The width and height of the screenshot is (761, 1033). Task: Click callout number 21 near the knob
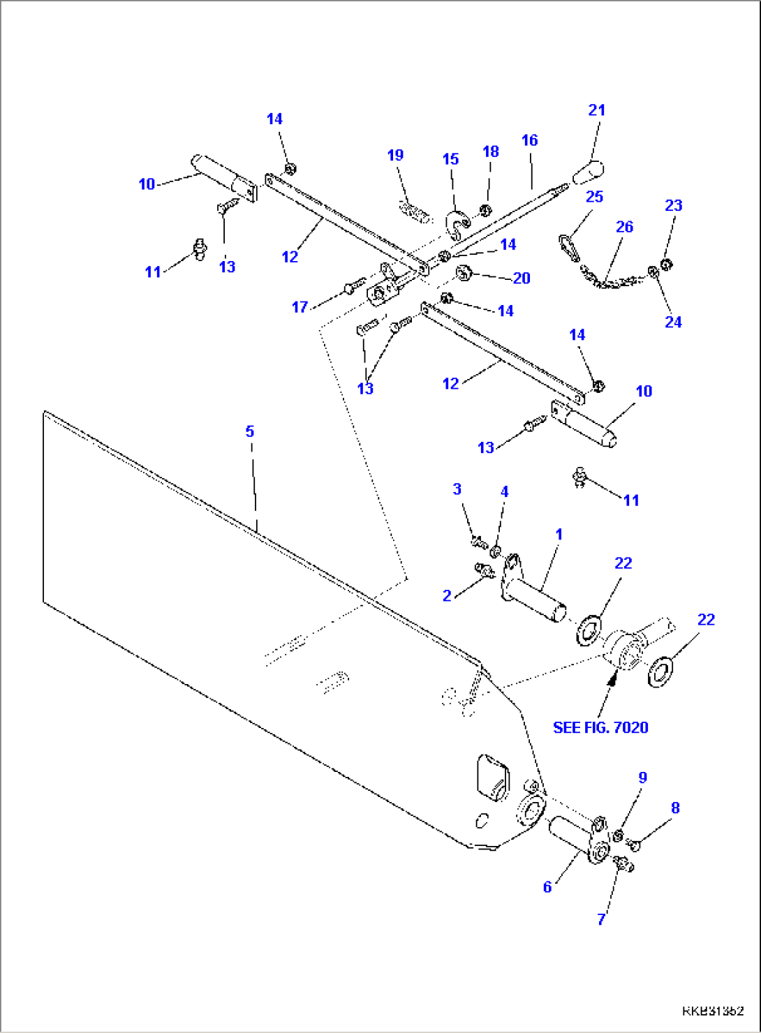(596, 110)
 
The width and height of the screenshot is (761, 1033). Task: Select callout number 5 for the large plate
(250, 431)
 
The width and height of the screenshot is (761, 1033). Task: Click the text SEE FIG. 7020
(600, 727)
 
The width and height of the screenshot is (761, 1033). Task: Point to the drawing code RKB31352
(712, 1011)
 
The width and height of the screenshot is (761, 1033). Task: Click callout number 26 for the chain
(624, 227)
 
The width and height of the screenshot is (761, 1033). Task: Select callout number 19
(395, 155)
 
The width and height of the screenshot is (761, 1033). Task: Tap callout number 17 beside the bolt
(300, 307)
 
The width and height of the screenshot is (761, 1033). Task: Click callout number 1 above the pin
(559, 534)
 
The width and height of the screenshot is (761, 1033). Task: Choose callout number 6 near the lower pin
(547, 886)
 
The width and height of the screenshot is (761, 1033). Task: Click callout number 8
(675, 808)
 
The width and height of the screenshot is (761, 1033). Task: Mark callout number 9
(643, 777)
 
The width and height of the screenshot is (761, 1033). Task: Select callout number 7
(601, 919)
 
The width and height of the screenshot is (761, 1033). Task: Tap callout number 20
(522, 278)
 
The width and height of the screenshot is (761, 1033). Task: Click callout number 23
(673, 205)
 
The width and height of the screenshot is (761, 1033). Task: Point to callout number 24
(673, 322)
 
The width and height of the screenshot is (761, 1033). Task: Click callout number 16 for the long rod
(529, 140)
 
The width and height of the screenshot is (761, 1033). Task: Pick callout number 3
(457, 489)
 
